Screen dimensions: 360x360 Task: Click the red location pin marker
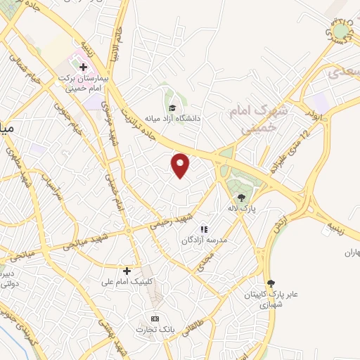(181, 165)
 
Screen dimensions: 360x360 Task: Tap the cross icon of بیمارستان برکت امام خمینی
(83, 68)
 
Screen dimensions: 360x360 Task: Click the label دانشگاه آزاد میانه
(172, 118)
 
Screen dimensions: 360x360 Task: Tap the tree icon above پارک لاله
(243, 198)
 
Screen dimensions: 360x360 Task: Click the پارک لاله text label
(243, 208)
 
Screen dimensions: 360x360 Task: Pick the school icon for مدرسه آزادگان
(204, 229)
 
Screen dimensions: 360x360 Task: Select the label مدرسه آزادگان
(203, 240)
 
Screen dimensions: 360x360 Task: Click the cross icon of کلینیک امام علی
(127, 271)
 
